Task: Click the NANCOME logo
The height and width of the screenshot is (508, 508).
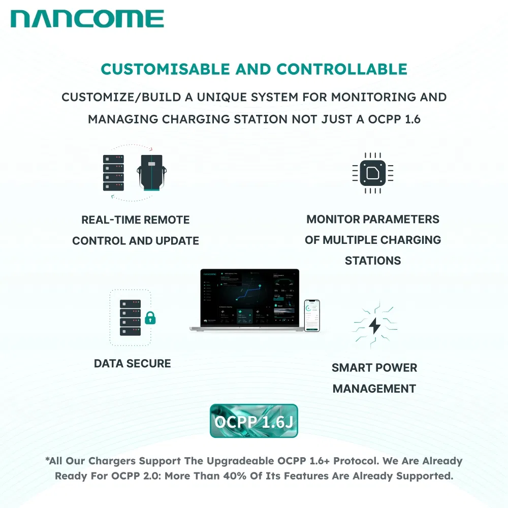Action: (87, 19)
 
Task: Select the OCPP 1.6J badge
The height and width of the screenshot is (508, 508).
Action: (253, 421)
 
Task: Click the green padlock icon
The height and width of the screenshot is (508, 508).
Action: (150, 319)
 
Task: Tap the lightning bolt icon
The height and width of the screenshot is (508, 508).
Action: (375, 325)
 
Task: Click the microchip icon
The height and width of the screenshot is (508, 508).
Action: (373, 173)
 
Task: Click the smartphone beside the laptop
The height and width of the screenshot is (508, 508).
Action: (312, 315)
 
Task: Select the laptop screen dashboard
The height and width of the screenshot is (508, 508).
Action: (248, 297)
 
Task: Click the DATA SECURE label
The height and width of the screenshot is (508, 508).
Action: (133, 363)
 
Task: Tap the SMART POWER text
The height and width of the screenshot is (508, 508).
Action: (374, 368)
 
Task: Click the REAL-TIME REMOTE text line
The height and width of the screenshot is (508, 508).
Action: (136, 220)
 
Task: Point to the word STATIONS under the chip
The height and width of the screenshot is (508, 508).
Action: (373, 261)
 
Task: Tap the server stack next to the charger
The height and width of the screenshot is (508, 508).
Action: (113, 173)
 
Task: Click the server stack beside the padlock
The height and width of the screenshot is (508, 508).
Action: (130, 317)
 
